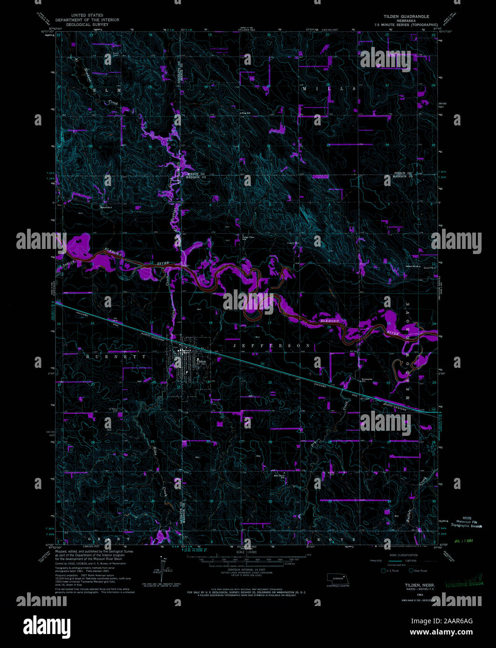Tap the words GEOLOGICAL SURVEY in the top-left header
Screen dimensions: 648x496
coord(87,24)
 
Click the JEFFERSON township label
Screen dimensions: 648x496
coord(271,345)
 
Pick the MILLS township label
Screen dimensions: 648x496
coord(329,89)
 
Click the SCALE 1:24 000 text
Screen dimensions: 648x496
coord(247,552)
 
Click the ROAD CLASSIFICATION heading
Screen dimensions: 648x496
coord(403,555)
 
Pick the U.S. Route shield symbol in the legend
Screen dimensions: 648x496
coord(383,570)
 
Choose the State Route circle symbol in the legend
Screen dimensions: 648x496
coord(411,570)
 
